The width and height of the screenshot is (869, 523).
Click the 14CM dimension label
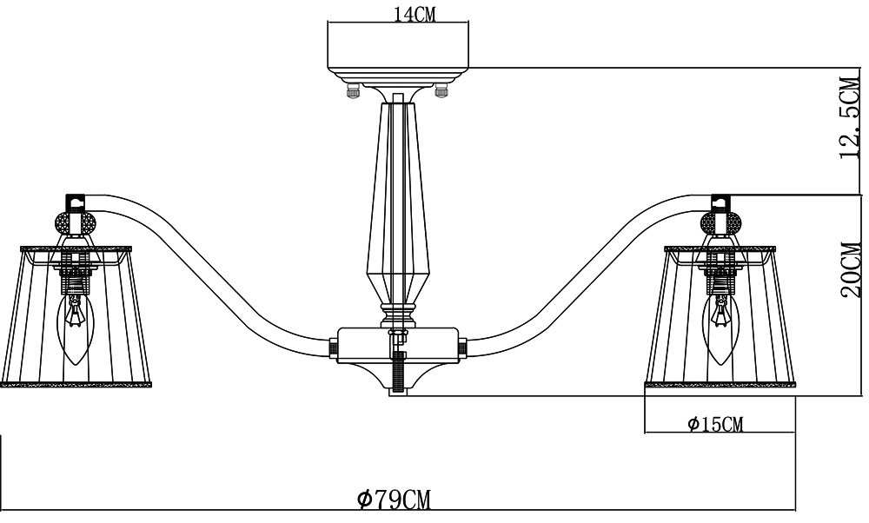pos(415,14)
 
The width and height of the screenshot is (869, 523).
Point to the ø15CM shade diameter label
pos(715,424)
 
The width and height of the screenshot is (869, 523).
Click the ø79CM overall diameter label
pos(394,500)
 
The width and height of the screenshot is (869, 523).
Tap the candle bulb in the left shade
pos(76,328)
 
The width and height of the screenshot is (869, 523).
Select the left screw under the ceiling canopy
pos(352,89)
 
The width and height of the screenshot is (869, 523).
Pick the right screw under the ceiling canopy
pos(441,89)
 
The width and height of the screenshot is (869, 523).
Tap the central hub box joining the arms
pos(398,345)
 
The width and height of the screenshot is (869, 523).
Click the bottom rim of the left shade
pos(76,384)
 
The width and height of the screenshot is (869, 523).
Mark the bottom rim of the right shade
pos(720,384)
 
